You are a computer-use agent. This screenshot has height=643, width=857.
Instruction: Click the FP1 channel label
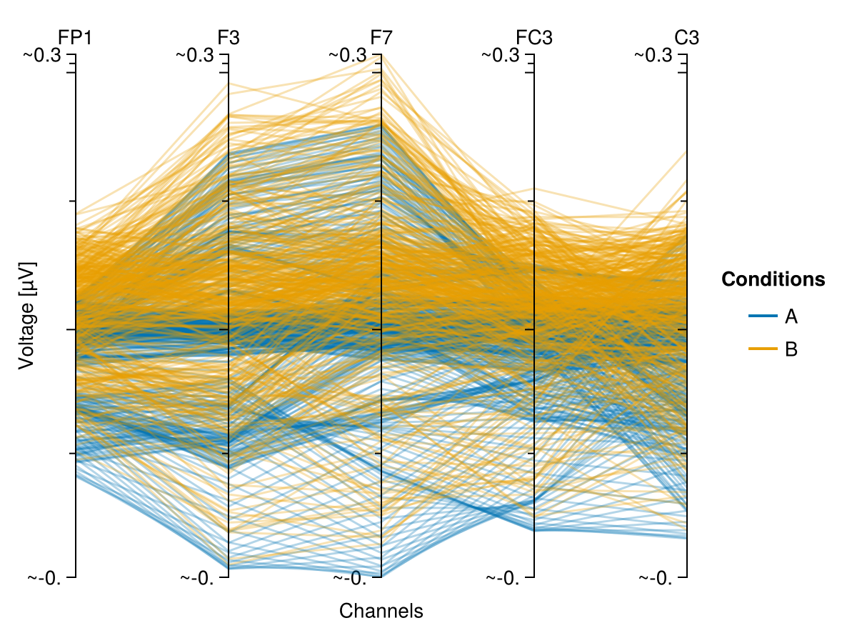pyautogui.click(x=75, y=38)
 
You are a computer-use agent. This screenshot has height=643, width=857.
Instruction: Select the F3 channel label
pyautogui.click(x=229, y=38)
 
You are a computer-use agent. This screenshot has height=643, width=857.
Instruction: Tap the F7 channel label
pyautogui.click(x=381, y=38)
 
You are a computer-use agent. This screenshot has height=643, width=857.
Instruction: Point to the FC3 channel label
pyautogui.click(x=534, y=38)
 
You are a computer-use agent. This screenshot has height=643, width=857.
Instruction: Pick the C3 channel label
pyautogui.click(x=687, y=38)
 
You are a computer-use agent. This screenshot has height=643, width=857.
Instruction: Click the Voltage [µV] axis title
pyautogui.click(x=26, y=316)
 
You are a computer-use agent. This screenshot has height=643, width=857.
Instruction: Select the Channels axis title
pyautogui.click(x=381, y=612)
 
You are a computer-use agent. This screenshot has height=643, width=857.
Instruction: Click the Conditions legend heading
pyautogui.click(x=773, y=279)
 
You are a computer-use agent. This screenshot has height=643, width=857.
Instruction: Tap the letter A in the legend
pyautogui.click(x=791, y=316)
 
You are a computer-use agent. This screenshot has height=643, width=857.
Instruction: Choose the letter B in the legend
pyautogui.click(x=791, y=349)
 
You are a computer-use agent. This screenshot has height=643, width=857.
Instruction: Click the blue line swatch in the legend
pyautogui.click(x=763, y=316)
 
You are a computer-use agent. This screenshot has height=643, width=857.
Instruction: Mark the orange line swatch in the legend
pyautogui.click(x=763, y=349)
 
